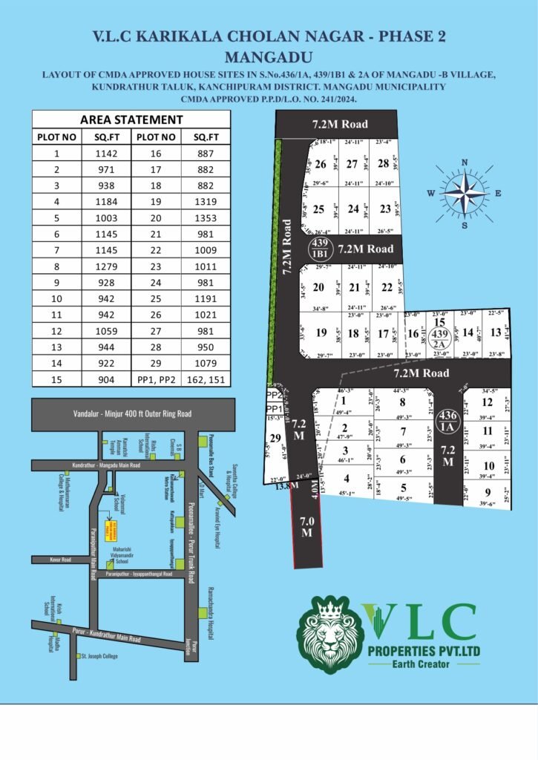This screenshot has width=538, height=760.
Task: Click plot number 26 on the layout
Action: (x=321, y=164)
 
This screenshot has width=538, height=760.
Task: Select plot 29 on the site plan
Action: (x=276, y=439)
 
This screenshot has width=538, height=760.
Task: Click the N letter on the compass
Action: (x=465, y=163)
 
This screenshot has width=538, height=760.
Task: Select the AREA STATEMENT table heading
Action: (x=131, y=119)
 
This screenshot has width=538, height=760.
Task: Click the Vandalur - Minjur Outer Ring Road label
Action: (x=132, y=413)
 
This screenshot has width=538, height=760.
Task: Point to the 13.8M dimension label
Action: (x=286, y=485)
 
